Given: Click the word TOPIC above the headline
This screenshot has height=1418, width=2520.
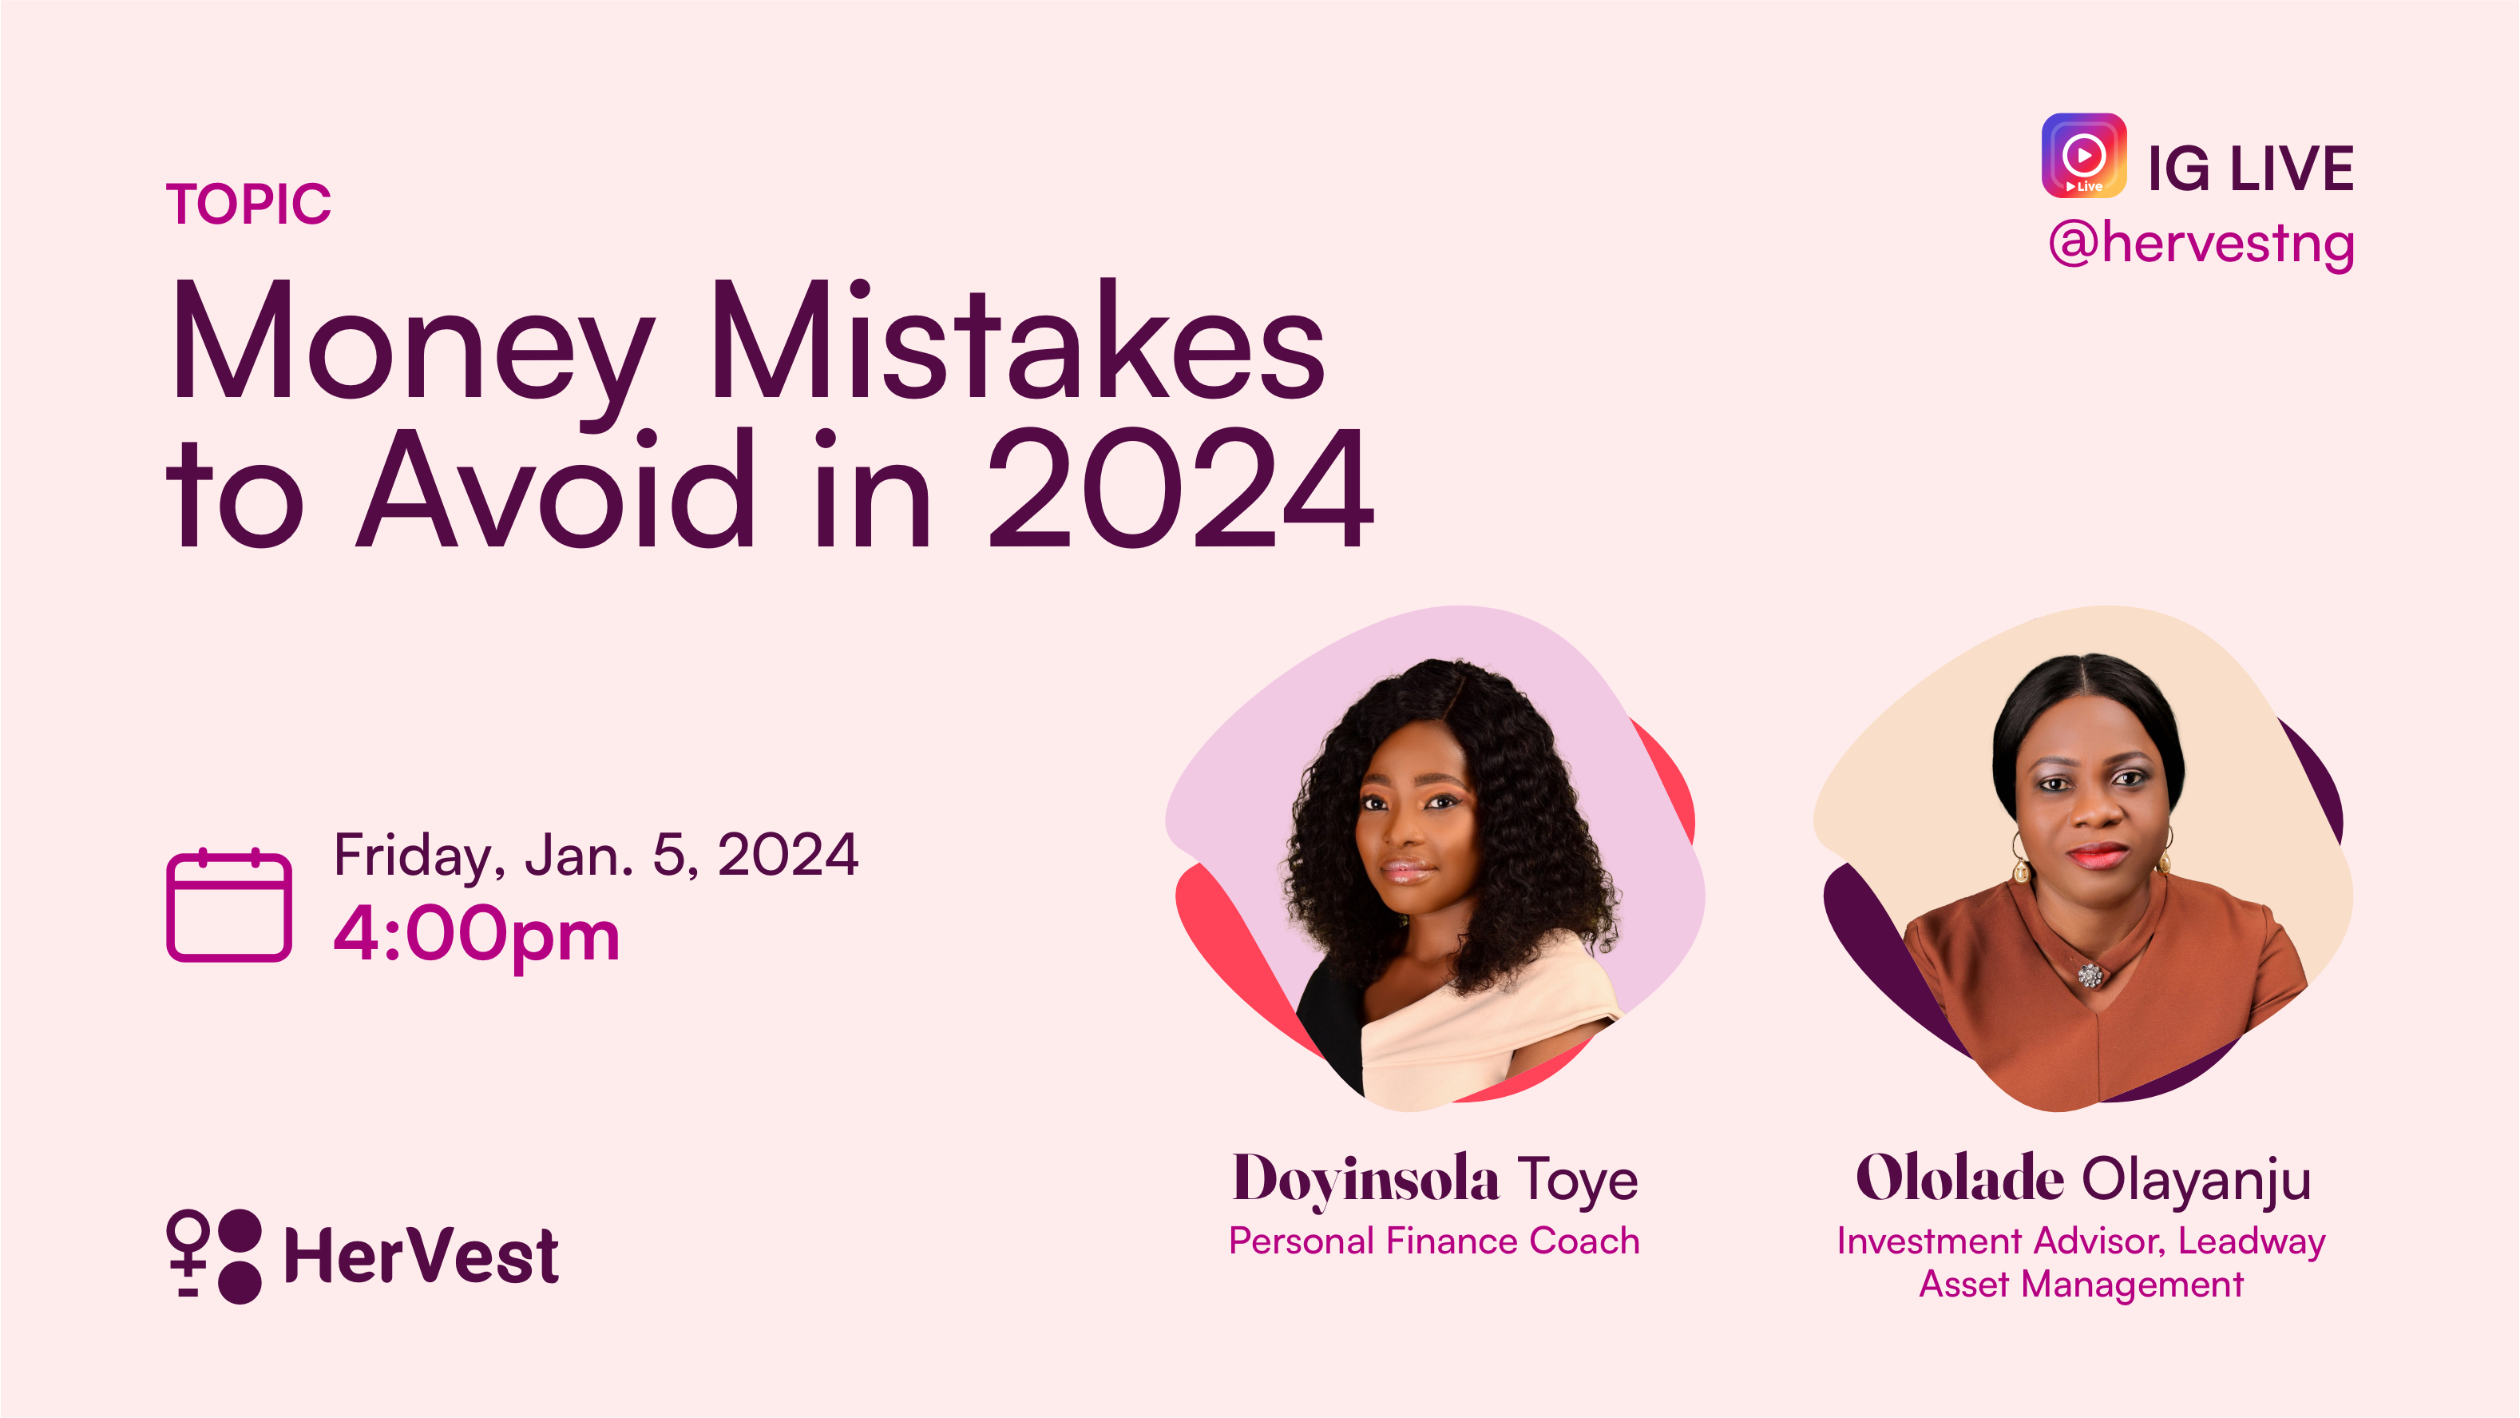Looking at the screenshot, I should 248,204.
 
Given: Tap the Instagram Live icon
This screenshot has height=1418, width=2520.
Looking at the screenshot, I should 2084,156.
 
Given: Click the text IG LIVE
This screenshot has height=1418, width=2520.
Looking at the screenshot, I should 2250,169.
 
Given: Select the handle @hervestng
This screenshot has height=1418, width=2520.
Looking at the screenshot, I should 2201,244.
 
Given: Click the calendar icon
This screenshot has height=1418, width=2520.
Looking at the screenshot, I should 229,905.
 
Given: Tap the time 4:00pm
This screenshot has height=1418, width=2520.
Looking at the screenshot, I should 477,935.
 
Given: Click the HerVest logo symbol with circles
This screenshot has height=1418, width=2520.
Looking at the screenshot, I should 214,1257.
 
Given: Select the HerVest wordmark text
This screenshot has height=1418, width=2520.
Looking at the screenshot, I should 421,1257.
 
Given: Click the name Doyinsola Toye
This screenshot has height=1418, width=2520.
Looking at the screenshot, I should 1434,1179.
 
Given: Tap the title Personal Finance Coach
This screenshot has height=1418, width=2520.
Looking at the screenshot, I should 1434,1241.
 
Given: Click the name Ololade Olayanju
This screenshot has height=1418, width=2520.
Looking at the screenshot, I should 2084,1179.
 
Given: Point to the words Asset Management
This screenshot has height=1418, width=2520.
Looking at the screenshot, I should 2081,1284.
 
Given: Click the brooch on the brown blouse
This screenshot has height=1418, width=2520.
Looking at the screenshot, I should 2090,975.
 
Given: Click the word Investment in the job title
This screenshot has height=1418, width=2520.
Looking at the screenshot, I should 1928,1241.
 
